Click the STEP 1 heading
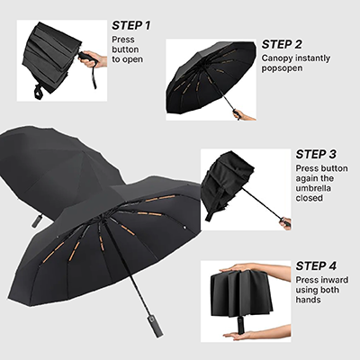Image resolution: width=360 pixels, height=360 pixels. tap(131, 25)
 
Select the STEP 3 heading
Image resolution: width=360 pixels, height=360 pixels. tap(318, 154)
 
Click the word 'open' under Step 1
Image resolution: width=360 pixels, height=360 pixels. tap(134, 59)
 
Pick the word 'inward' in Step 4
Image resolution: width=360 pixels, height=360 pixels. tap(337, 280)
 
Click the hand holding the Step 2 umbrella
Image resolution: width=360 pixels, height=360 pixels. tap(242, 114)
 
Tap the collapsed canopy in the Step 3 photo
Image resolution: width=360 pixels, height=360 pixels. tap(225, 180)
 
